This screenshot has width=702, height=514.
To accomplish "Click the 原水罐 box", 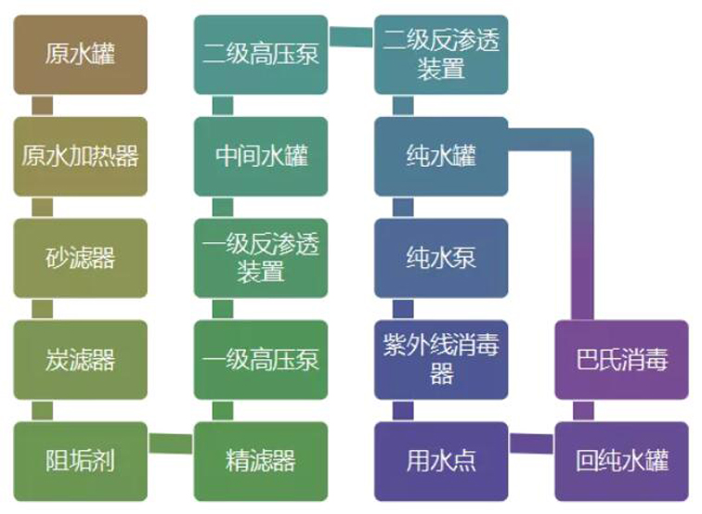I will pyautogui.click(x=80, y=54).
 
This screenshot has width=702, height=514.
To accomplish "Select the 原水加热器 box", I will pyautogui.click(x=80, y=156).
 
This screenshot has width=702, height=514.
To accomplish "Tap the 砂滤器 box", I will pyautogui.click(x=80, y=257).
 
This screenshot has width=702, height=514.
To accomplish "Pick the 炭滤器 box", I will pyautogui.click(x=80, y=359).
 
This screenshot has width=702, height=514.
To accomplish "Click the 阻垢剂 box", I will pyautogui.click(x=80, y=460).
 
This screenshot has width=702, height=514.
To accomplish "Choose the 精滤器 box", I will pyautogui.click(x=260, y=460).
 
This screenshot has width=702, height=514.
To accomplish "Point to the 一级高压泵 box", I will pyautogui.click(x=260, y=359).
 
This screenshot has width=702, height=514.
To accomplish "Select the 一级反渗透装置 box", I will pyautogui.click(x=260, y=257).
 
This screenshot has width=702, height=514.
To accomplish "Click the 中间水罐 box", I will pyautogui.click(x=260, y=156).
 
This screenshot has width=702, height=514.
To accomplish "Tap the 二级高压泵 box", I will pyautogui.click(x=260, y=54).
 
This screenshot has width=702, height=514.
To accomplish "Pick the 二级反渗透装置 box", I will pyautogui.click(x=441, y=54).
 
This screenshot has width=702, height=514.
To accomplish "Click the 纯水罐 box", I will pyautogui.click(x=441, y=156).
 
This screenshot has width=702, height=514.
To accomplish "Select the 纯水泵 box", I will pyautogui.click(x=441, y=257).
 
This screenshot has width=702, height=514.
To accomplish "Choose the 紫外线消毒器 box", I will pyautogui.click(x=441, y=359).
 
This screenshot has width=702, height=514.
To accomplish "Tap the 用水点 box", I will pyautogui.click(x=441, y=460).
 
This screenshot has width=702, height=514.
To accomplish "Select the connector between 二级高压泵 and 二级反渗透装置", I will pyautogui.click(x=351, y=37).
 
